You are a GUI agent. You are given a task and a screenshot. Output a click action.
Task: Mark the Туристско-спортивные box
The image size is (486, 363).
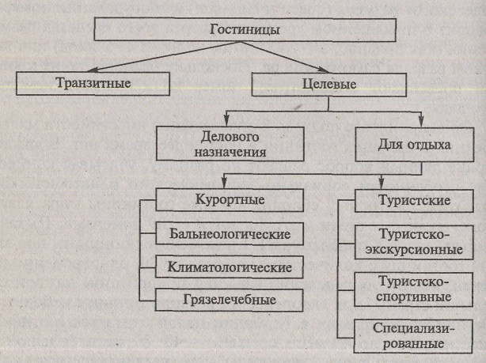tap(404, 289)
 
